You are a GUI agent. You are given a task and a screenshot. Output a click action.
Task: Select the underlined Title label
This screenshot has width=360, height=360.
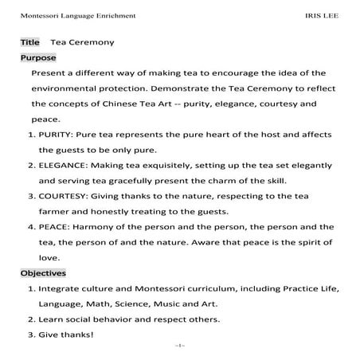click(x=30, y=41)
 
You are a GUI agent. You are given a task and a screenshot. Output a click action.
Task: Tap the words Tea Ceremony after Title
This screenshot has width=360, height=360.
click(x=82, y=41)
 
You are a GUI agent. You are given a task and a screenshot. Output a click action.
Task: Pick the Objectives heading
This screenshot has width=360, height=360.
click(x=44, y=273)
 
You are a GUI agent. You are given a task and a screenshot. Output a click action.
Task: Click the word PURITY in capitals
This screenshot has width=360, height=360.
click(x=56, y=135)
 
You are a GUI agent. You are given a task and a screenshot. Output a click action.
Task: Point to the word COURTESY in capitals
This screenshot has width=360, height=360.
click(x=64, y=196)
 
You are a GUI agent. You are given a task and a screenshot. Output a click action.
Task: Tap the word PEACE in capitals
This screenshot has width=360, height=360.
click(x=53, y=227)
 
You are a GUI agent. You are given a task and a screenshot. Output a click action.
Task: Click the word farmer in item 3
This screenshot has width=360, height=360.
click(x=55, y=212)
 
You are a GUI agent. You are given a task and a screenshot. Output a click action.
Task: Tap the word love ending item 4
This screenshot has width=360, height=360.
click(x=49, y=258)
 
